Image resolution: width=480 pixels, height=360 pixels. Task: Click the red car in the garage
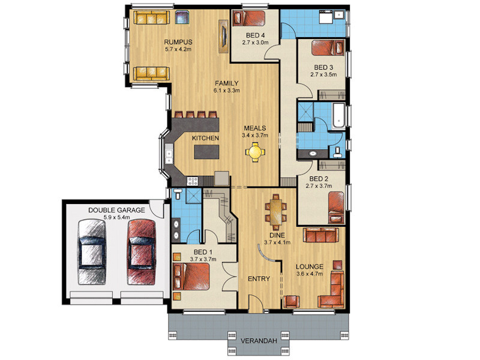point(142,252)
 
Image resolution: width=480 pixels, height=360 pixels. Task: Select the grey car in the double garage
point(92,252)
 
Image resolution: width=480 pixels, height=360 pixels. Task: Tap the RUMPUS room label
point(178,42)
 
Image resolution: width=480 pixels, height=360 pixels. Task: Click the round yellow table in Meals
point(254,151)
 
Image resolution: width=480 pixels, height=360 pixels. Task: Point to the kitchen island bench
point(206,152)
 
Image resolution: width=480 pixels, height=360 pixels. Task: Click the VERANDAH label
point(259,341)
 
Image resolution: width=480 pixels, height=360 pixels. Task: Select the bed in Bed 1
point(191,277)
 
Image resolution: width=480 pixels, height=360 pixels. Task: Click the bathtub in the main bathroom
point(338,116)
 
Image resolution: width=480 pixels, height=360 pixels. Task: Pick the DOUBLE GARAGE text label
point(116,211)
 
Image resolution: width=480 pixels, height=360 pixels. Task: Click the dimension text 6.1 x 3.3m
point(227,91)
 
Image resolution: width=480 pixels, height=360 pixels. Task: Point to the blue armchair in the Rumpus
point(182,17)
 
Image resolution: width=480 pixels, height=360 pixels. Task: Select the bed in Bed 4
point(248,18)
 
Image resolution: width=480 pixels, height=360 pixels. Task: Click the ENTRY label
point(259,279)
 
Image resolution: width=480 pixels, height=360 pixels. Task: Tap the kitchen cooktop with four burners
point(193,181)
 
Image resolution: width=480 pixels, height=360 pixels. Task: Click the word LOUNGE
point(309,266)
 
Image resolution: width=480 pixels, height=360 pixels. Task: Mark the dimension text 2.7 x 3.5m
point(323,74)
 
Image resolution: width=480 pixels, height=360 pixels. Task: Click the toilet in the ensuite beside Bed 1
point(178,193)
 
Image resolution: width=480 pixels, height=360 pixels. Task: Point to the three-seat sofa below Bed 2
point(321,235)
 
